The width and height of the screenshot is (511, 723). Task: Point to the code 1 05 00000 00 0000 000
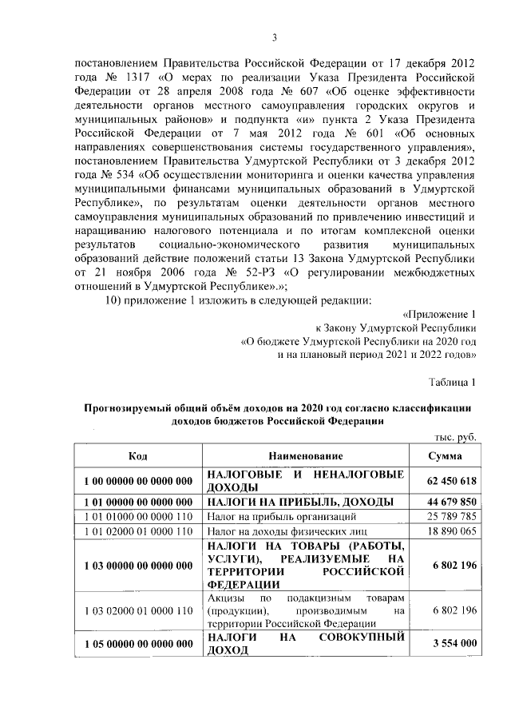(x=137, y=643)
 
